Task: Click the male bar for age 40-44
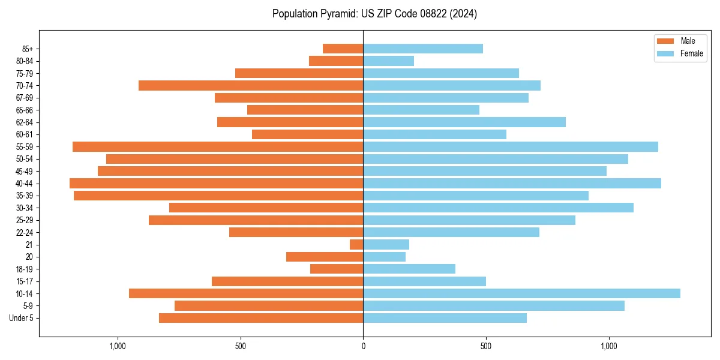216,183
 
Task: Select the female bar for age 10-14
521,293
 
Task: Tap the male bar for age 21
356,244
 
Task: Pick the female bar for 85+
423,49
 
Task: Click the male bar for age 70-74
251,85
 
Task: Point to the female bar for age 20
384,257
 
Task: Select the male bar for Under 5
261,318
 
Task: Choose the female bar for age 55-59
511,146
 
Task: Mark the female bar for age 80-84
388,61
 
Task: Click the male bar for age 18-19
337,269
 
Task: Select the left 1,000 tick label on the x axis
118,346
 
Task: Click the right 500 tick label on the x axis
486,346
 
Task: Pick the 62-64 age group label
25,122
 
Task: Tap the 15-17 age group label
25,281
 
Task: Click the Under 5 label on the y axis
22,318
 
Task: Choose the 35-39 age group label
25,196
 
